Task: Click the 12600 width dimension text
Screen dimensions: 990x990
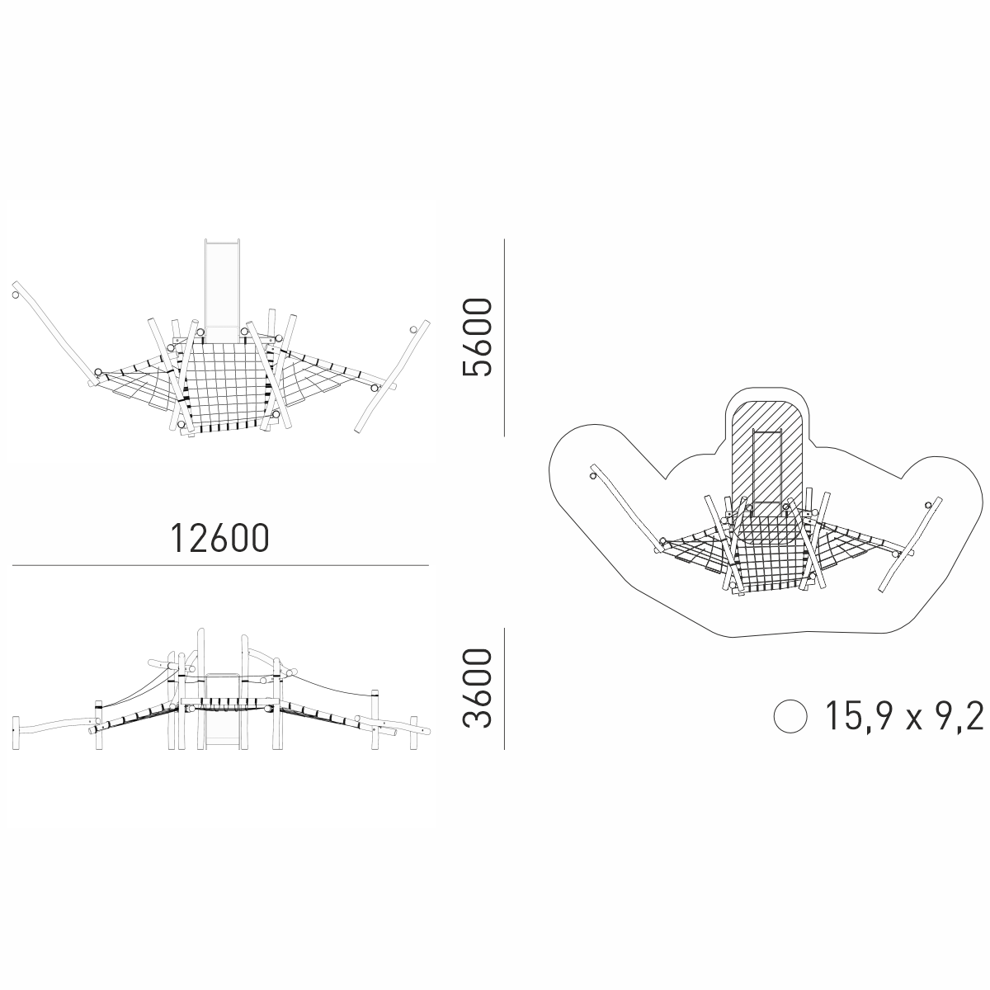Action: click(x=220, y=539)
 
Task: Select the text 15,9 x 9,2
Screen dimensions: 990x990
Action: click(x=903, y=717)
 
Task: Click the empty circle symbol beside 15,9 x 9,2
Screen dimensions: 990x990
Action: click(x=790, y=716)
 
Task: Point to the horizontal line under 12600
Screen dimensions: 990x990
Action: click(x=220, y=566)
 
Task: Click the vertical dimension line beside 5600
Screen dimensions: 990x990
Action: click(x=505, y=337)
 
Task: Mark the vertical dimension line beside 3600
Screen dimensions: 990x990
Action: click(x=505, y=688)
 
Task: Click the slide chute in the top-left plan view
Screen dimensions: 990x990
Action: click(x=222, y=290)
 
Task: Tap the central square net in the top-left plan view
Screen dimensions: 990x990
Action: click(x=225, y=385)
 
